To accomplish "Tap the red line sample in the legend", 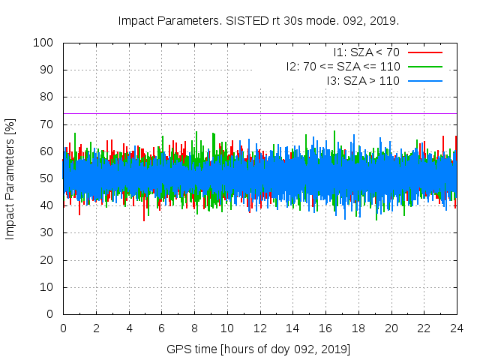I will pos(424,52).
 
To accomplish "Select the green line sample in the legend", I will pos(424,66).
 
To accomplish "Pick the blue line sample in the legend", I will pos(424,80).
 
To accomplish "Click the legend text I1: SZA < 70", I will pos(365,52).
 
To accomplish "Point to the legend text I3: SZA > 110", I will pos(363,80).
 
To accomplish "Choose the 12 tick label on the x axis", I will pos(259,328).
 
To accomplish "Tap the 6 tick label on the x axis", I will pos(161,328).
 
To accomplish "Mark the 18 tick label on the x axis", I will pos(358,328).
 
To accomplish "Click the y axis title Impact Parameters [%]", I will pos(10,178).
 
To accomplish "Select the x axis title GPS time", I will pos(191,349).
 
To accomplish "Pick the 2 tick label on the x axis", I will pos(96,328).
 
